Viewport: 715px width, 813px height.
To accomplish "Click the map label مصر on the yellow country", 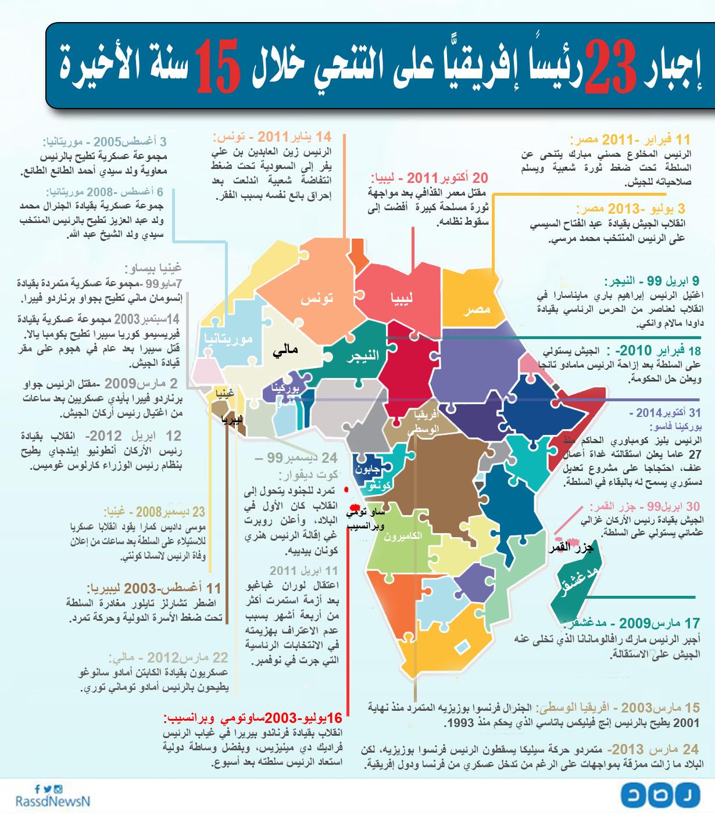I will pos(477,309).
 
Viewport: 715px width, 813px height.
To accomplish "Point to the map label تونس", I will pos(317,298).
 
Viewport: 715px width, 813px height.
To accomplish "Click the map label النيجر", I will pos(362,356).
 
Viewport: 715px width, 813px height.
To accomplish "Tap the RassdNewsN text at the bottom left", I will pos(45,801).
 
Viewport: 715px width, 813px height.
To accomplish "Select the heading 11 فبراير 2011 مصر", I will pos(630,140).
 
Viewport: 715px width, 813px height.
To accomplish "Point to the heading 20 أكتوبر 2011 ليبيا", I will pos(430,178).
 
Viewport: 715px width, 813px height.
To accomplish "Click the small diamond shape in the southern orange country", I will pos(463,646).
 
